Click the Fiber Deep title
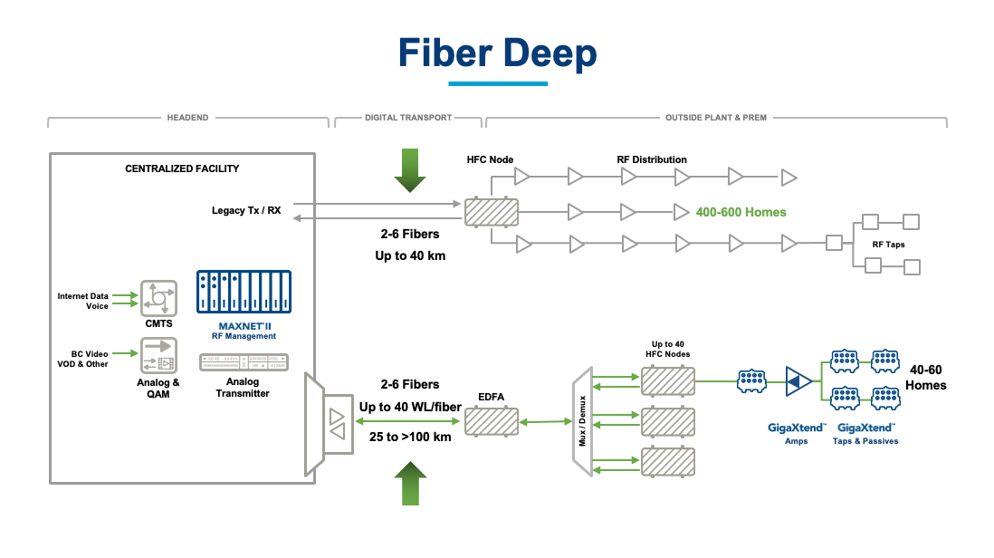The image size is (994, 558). pos(497,53)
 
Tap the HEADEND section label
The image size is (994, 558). pos(187,118)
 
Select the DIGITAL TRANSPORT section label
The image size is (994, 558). pos(406,118)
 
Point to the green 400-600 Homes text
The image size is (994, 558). pos(741,212)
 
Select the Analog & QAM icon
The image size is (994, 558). pos(158,356)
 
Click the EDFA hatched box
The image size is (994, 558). pos(492,421)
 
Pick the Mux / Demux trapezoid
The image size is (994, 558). pos(582,418)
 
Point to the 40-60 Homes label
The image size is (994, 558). pos(928,378)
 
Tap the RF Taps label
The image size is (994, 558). pos(888,245)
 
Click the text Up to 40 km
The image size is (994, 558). pos(410,256)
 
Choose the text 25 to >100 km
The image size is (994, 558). pos(410,436)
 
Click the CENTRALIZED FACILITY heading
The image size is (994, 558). pos(182,168)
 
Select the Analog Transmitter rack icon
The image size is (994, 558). pos(243,362)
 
